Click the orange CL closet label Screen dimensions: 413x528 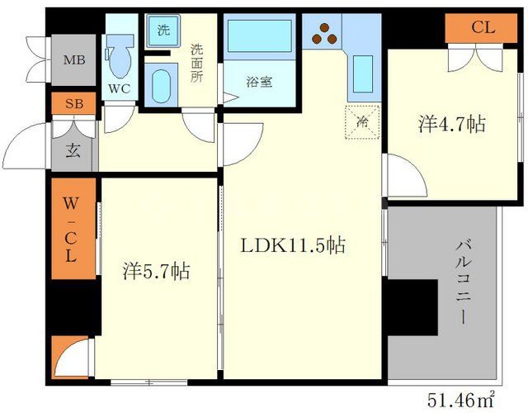tap(483, 28)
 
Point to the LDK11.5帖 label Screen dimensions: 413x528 tap(293, 244)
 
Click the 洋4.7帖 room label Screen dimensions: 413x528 tap(451, 124)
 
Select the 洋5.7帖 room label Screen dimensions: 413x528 tap(157, 269)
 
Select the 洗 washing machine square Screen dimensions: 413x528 tap(163, 31)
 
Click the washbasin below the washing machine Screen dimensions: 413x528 tap(160, 85)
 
